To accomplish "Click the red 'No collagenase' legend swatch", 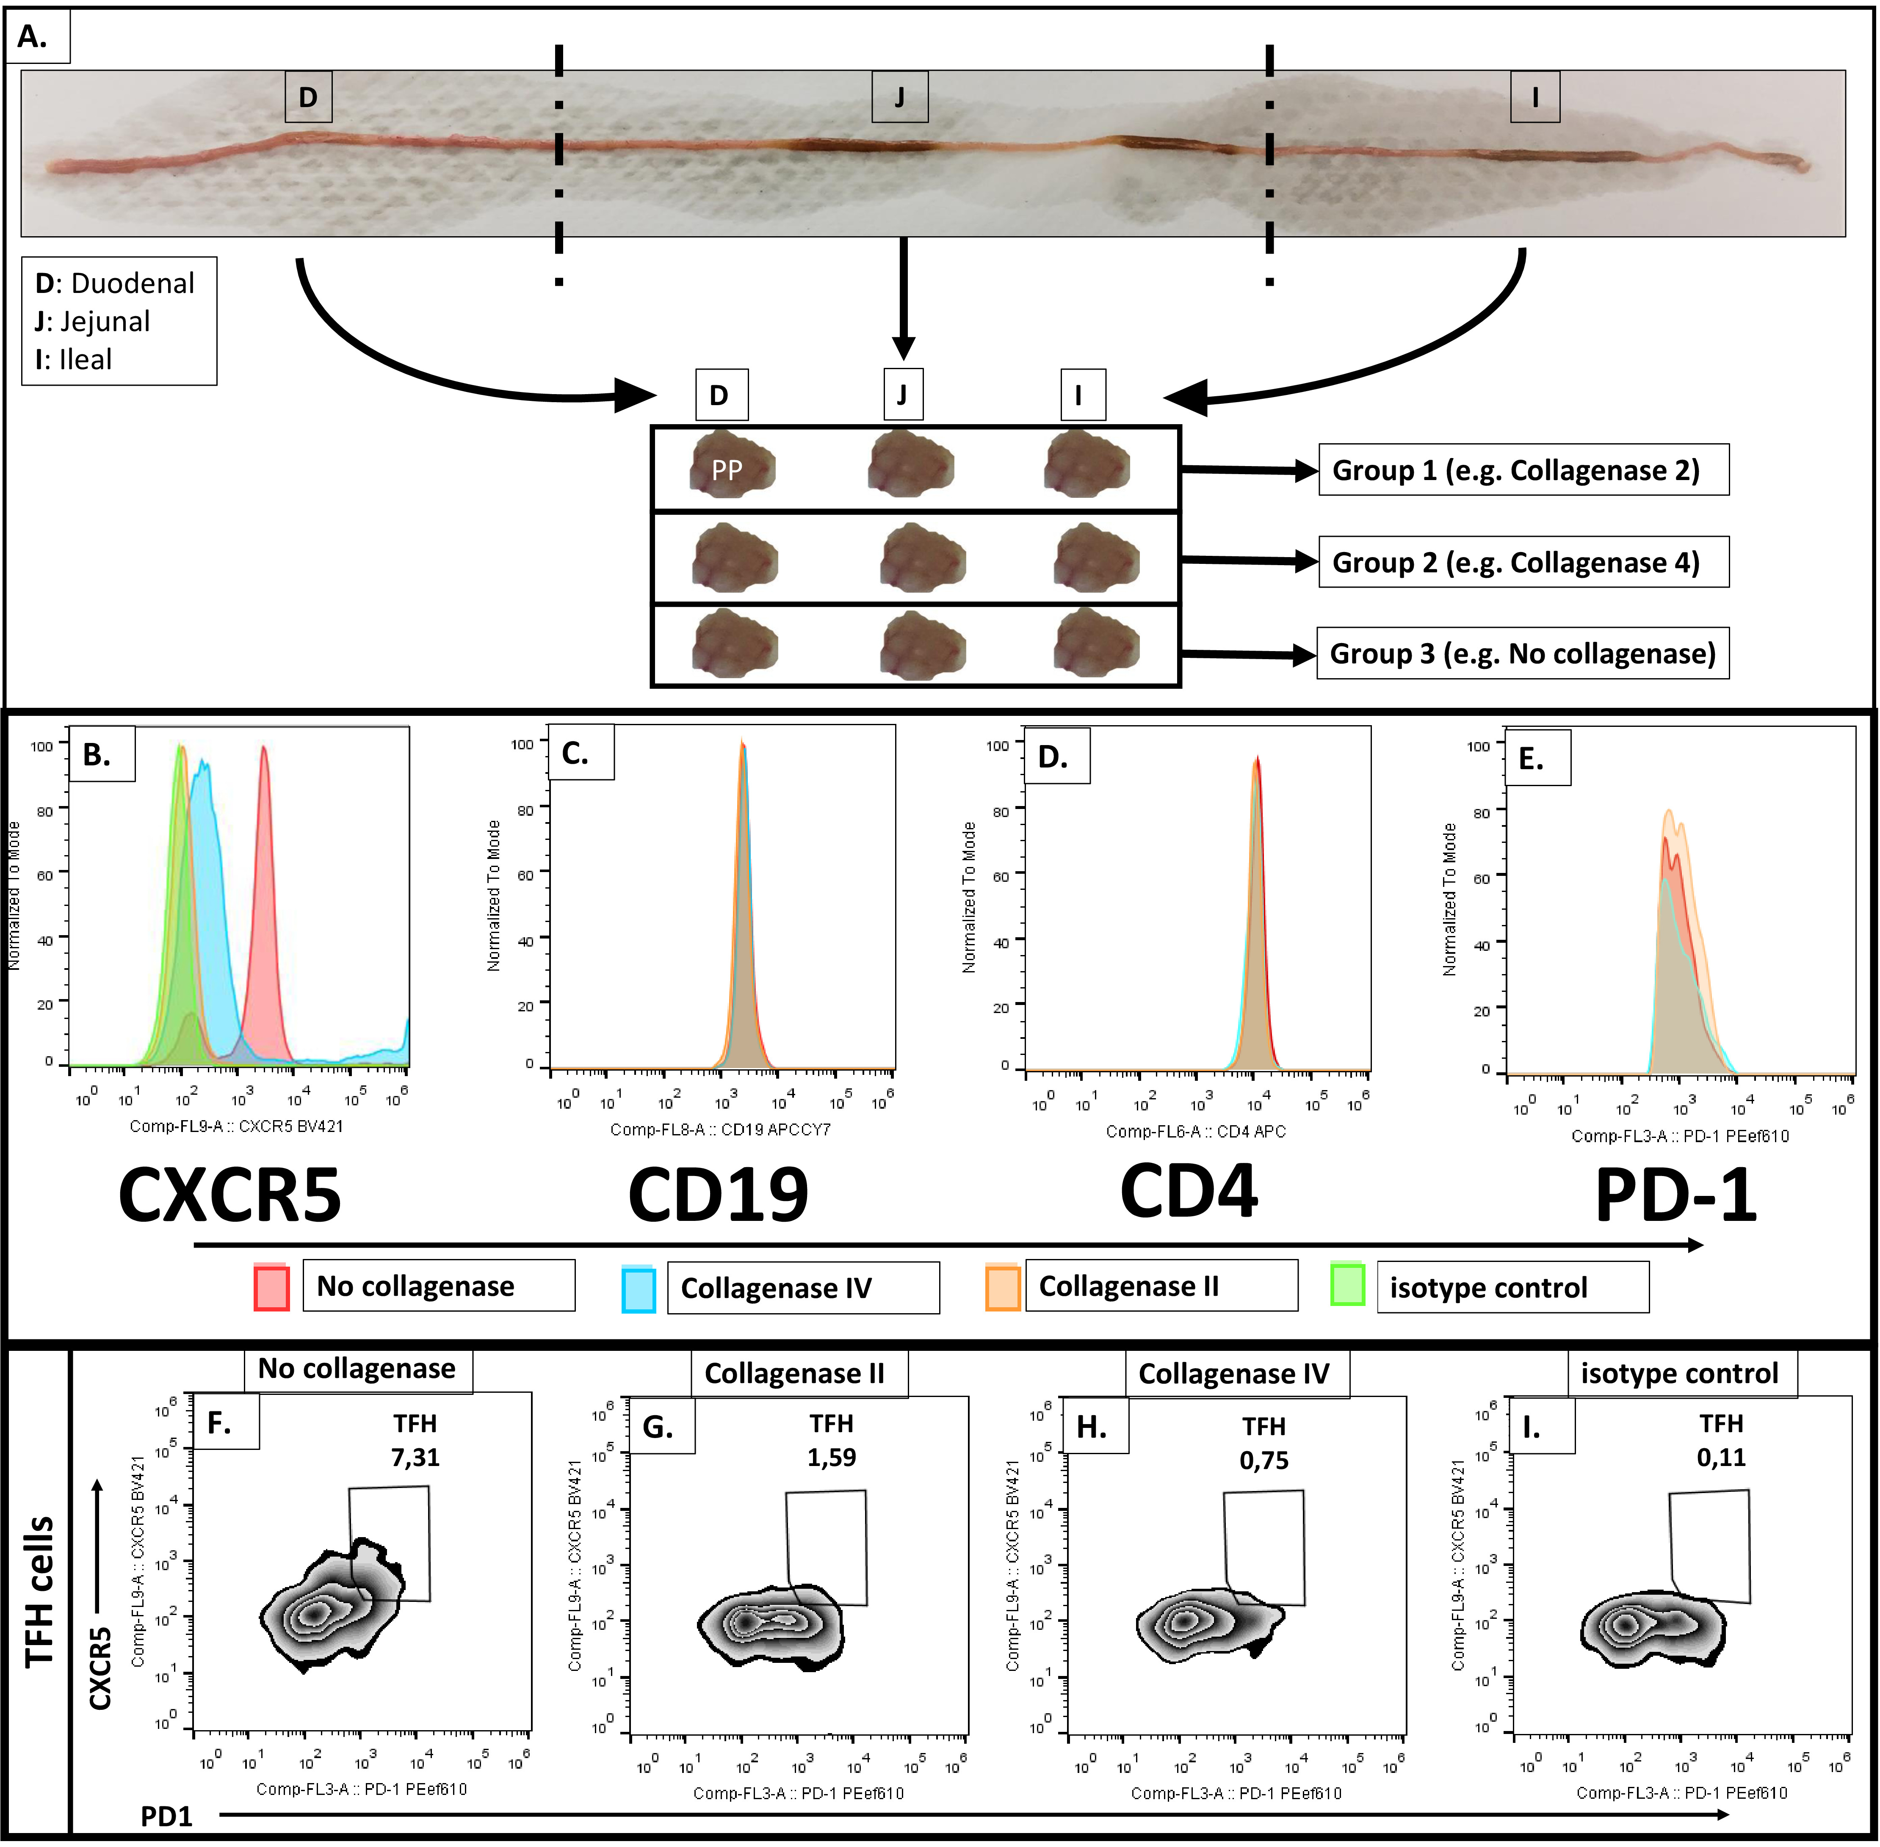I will [271, 1287].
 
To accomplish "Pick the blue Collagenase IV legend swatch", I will [638, 1288].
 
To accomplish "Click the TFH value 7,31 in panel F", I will [415, 1457].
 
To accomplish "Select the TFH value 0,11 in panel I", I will [1721, 1457].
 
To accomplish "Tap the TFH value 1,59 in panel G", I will [831, 1457].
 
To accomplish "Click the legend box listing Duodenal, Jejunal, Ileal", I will [119, 321].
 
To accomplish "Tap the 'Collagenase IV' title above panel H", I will [1233, 1374].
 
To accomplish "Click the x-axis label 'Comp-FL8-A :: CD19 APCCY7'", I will [720, 1129].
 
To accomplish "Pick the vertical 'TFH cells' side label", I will [39, 1591].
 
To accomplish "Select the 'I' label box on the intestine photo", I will [1534, 97].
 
